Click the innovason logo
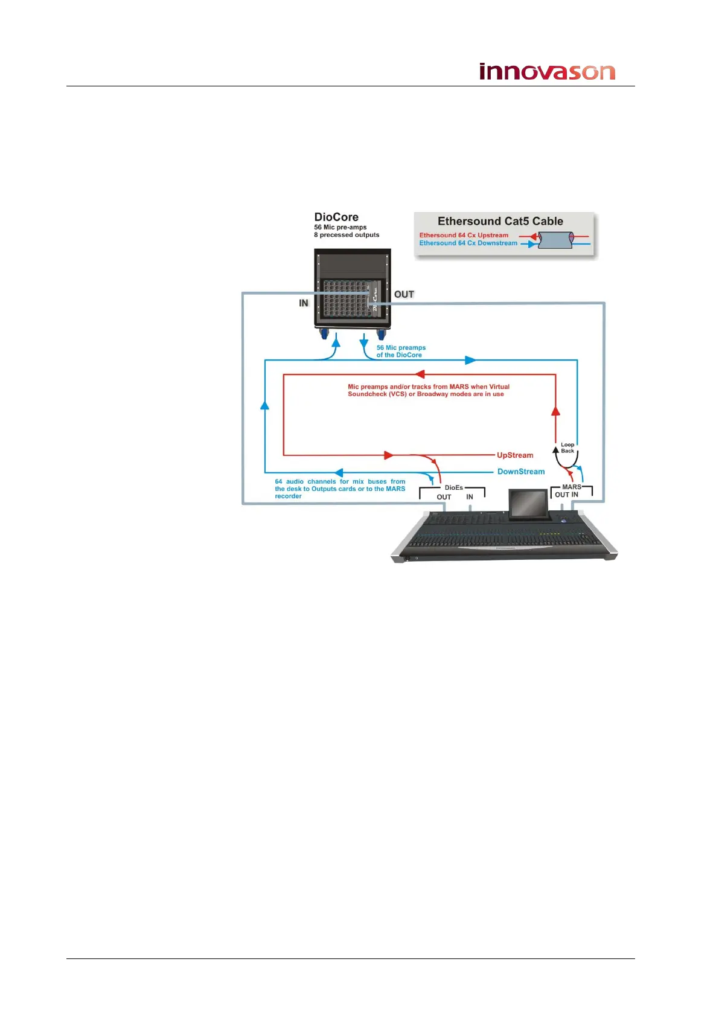pos(547,71)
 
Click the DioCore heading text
pos(336,217)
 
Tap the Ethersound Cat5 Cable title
pos(500,221)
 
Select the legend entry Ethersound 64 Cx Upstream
pos(464,235)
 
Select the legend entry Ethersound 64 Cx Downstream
pos(468,243)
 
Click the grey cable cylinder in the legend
pos(555,240)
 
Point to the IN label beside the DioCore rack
pos(304,303)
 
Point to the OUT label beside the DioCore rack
pos(404,294)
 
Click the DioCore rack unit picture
pos(352,290)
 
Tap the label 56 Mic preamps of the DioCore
pos(401,351)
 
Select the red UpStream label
pos(515,455)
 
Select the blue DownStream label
pos(520,472)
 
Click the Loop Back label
pos(567,448)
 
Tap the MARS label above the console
pos(571,487)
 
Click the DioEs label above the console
pos(453,487)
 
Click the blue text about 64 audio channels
pos(340,489)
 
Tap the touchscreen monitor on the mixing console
pos(528,503)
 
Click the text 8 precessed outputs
pos(347,235)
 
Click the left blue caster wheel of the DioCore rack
pos(322,334)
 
